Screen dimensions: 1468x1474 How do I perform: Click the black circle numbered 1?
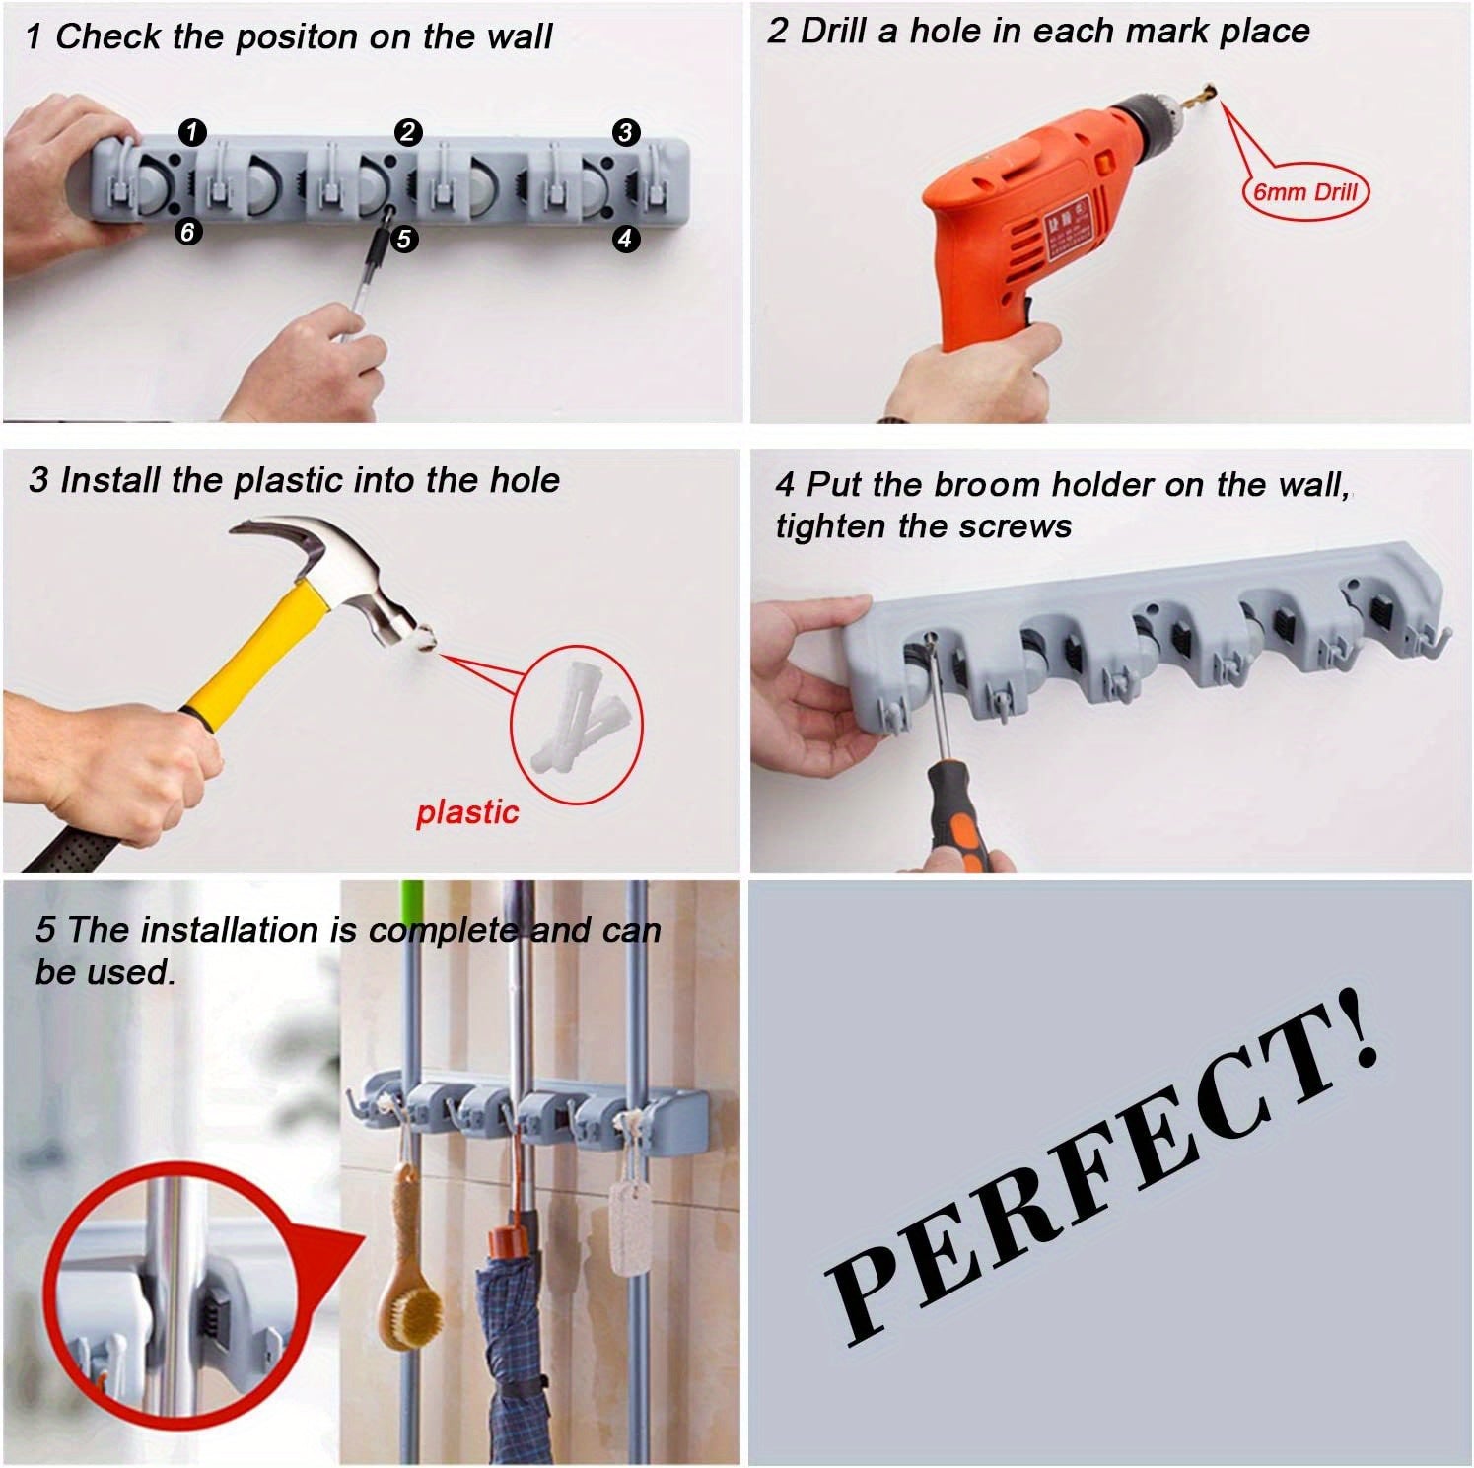192,131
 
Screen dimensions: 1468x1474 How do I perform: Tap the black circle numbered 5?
403,238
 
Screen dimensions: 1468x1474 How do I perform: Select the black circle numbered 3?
625,132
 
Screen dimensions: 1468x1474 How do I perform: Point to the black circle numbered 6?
187,231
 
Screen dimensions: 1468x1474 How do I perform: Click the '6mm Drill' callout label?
1304,191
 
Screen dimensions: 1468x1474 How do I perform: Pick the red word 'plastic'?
466,812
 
